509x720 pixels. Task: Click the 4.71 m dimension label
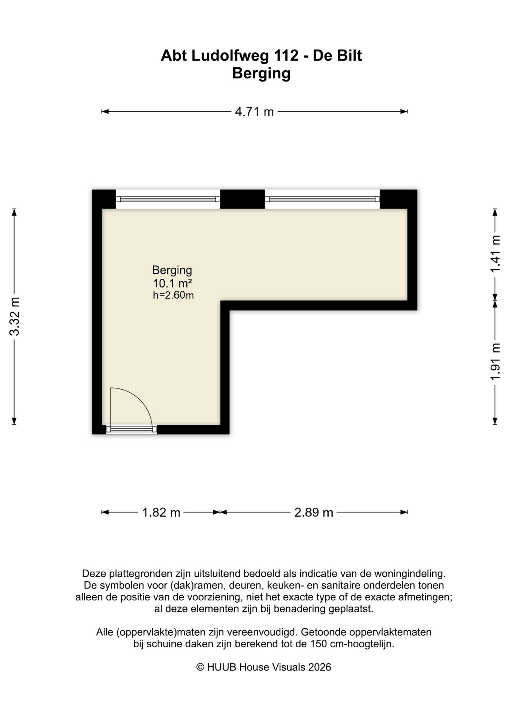(x=254, y=111)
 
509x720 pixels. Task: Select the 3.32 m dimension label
(x=15, y=316)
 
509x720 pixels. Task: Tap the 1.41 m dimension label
(x=495, y=254)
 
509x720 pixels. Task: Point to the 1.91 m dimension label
(x=495, y=361)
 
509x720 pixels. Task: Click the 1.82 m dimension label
(x=161, y=512)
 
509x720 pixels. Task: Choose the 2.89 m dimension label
(x=314, y=512)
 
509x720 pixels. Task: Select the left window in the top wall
(x=168, y=199)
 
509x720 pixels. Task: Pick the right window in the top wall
(x=322, y=199)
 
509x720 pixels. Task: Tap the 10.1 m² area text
(x=172, y=283)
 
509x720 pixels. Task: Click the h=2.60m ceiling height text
(x=173, y=295)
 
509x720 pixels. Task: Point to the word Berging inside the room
(x=172, y=270)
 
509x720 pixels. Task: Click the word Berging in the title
(x=261, y=73)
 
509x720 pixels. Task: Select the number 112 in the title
(x=286, y=55)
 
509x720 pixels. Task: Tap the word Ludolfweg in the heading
(x=231, y=56)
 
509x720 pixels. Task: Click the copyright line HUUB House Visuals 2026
(x=264, y=667)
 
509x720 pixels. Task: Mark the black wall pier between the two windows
(x=243, y=199)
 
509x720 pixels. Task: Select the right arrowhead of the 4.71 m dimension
(x=404, y=111)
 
